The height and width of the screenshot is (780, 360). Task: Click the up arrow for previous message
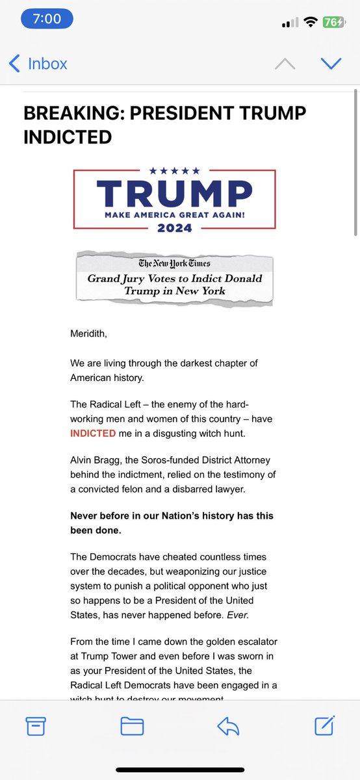(x=285, y=64)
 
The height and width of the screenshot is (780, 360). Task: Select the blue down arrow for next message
(x=331, y=64)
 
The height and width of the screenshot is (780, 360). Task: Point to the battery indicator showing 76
(x=333, y=21)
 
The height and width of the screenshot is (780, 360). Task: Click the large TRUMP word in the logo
(x=174, y=192)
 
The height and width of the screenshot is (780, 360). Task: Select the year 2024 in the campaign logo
(x=174, y=227)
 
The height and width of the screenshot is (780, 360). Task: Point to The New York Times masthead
(x=174, y=263)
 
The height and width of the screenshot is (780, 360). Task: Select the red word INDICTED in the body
(x=93, y=433)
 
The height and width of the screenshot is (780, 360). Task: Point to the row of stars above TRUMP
(x=174, y=171)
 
